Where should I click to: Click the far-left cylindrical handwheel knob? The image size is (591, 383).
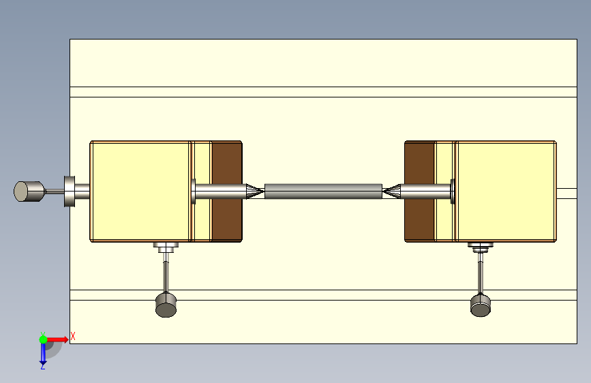tap(28, 191)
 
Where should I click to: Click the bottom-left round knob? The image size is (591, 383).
tap(166, 305)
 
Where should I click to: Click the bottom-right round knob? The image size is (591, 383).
tap(481, 305)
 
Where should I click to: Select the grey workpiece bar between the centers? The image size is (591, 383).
tap(323, 191)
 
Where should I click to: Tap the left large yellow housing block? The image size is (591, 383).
tap(140, 191)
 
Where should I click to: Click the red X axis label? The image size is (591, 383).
tap(73, 336)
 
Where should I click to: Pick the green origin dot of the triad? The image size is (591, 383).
tap(43, 339)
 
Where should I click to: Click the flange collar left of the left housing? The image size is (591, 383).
tap(70, 191)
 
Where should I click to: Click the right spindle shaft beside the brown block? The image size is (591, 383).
tap(426, 191)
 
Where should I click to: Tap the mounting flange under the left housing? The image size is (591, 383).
tap(166, 246)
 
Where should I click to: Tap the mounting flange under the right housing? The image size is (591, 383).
tap(481, 246)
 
